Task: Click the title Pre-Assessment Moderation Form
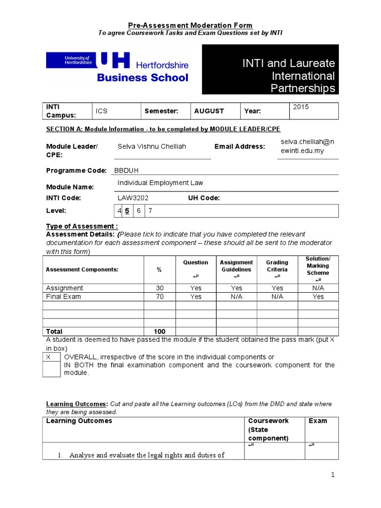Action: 190,25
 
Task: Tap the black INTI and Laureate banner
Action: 270,69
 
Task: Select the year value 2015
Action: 301,107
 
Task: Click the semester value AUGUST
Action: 209,111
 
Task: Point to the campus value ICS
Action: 102,112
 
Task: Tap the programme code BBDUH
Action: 127,170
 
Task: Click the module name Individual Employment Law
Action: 160,183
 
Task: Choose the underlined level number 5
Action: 127,211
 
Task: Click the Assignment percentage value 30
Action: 159,288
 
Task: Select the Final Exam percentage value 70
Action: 159,297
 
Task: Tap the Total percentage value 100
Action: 159,331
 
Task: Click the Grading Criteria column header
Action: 277,266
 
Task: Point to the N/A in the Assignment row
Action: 318,288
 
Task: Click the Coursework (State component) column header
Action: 268,429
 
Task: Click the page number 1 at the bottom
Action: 333,475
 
